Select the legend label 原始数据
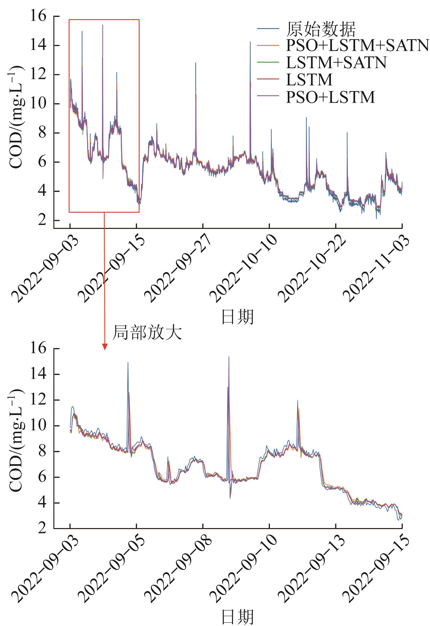tap(321, 29)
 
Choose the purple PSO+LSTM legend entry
tap(330, 97)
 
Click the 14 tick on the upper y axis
tap(38, 45)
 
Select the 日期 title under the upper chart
tap(237, 317)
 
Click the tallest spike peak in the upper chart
tap(103, 25)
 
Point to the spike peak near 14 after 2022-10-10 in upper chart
tap(250, 42)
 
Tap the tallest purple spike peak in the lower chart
tap(229, 357)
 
